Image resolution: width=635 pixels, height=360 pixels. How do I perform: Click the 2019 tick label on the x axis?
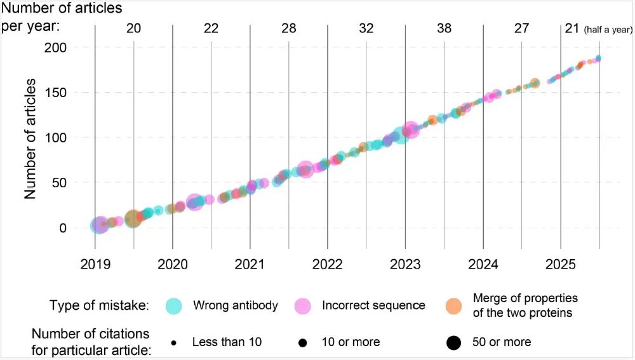95,264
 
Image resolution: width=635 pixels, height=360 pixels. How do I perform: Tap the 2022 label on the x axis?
327,264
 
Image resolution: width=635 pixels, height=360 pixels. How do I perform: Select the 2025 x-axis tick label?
561,264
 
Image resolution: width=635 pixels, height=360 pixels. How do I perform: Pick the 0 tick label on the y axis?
63,228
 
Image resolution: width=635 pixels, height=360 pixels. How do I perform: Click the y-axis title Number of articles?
30,139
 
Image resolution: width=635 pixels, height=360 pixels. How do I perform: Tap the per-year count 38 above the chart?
444,29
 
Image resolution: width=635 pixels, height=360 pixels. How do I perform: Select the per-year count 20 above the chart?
133,29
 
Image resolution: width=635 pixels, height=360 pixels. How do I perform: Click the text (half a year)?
608,30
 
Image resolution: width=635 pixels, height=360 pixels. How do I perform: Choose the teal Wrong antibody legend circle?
174,307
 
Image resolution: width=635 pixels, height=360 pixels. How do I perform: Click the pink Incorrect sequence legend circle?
303,307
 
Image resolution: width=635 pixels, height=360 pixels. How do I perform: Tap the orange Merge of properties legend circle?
453,307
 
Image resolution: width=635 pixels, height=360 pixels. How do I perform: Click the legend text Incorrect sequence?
373,305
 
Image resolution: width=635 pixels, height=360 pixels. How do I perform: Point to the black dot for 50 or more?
453,343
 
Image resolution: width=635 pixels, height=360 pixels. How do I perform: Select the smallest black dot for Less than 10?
174,343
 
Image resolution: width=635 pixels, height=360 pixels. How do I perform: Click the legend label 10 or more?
351,342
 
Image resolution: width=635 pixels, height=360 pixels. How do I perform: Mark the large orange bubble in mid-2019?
133,218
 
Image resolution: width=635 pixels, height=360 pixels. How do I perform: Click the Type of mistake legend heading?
99,305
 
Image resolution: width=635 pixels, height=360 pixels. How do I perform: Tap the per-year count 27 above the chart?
521,29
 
